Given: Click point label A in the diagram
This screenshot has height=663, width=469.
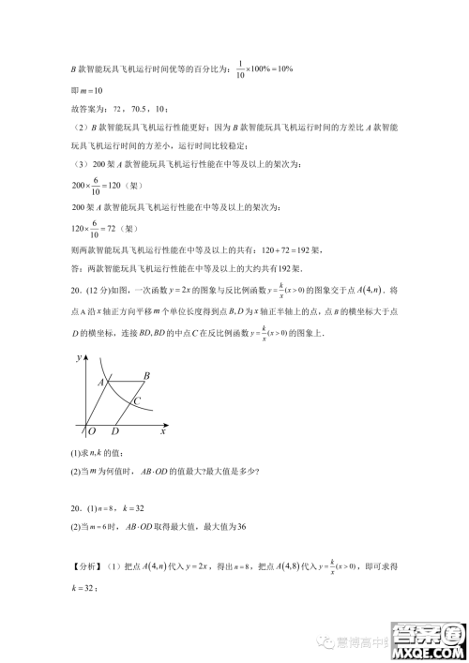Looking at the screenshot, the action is click(x=99, y=382).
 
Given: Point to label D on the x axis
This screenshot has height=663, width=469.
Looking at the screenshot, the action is click(x=114, y=432).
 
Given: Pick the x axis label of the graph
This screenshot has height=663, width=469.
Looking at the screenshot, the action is click(x=163, y=431).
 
